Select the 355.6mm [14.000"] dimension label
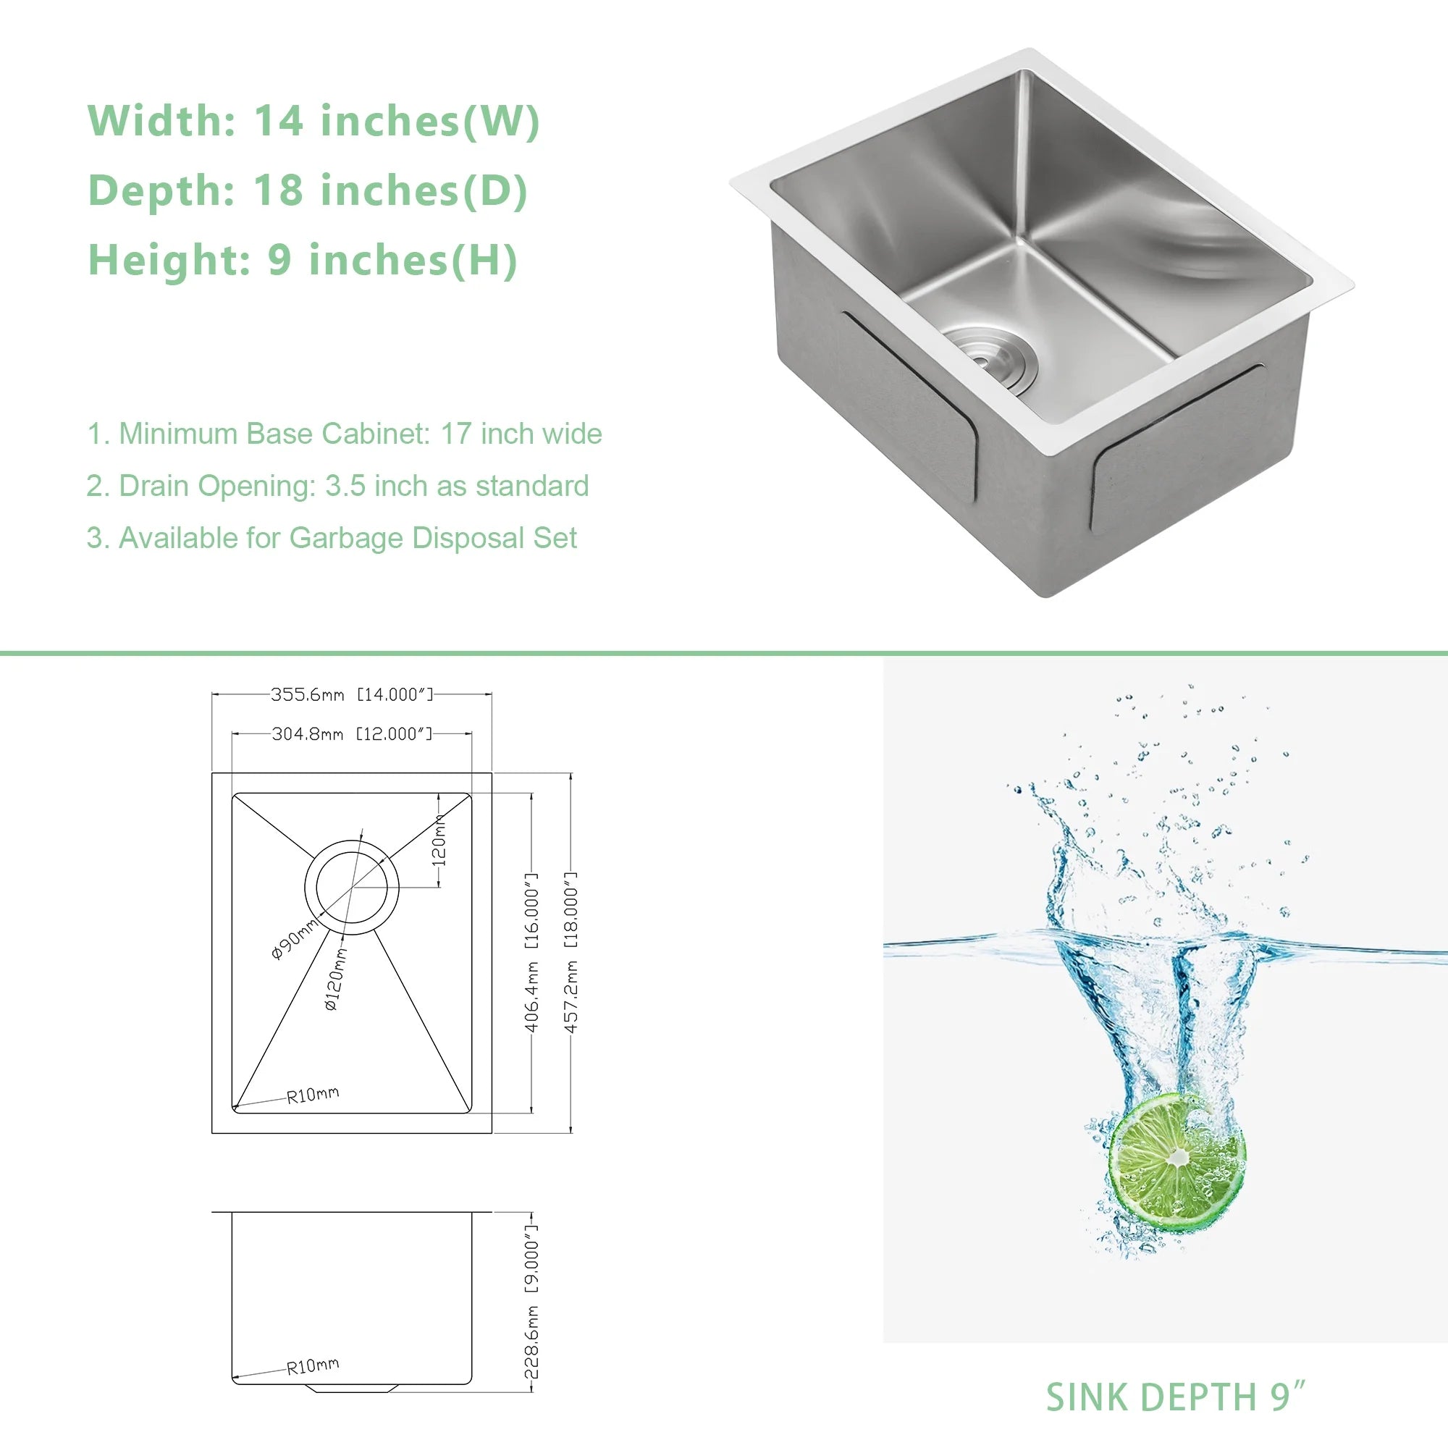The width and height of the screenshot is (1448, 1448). [353, 695]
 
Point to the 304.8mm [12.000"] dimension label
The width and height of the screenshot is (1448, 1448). [353, 733]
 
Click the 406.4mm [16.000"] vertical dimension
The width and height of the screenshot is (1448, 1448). [531, 952]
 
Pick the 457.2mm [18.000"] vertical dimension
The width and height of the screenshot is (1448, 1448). [571, 952]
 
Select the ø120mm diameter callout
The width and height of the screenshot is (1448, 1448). [336, 978]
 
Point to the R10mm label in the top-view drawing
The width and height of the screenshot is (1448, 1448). [313, 1095]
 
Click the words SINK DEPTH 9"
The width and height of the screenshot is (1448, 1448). [1175, 1397]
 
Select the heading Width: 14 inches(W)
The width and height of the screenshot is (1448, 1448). [314, 121]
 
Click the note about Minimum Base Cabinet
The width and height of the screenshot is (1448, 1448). [345, 434]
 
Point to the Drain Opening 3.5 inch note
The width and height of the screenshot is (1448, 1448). [338, 487]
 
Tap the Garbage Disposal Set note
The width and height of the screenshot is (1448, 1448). [332, 538]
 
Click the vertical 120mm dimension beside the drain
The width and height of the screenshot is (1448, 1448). [440, 839]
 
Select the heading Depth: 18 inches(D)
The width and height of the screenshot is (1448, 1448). [308, 190]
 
